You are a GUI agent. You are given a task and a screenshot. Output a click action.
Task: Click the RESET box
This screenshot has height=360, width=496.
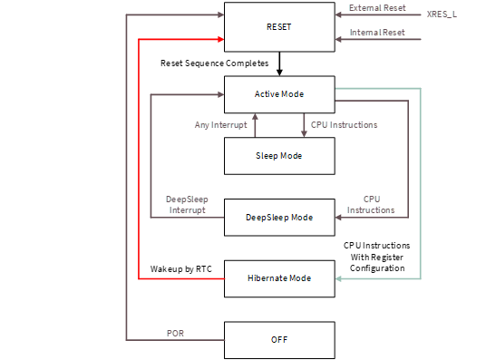coord(279,26)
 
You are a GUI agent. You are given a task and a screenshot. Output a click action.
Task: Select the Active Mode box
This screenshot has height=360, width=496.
coord(279,94)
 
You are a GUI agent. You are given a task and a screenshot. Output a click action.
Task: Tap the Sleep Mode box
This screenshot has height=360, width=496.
coord(279,156)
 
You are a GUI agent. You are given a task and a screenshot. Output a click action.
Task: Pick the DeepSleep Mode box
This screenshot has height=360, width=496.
coord(279,218)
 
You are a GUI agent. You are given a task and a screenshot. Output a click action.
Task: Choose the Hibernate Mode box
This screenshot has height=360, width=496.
coord(279,278)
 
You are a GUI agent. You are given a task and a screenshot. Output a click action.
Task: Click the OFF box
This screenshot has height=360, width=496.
coord(279,340)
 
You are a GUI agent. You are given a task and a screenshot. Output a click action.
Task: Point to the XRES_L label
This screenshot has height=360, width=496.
coord(443,15)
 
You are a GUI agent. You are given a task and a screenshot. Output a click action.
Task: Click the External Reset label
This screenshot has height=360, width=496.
coord(375,9)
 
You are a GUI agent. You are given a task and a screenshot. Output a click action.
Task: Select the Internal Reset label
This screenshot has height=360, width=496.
coord(375,34)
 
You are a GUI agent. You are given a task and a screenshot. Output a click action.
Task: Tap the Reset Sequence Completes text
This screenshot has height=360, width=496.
coord(214,63)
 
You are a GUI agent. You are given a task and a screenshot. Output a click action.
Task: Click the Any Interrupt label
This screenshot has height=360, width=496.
coord(220,125)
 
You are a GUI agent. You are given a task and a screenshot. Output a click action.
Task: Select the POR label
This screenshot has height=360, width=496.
coord(176,333)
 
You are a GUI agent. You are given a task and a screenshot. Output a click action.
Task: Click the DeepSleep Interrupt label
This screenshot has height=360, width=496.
coord(185,205)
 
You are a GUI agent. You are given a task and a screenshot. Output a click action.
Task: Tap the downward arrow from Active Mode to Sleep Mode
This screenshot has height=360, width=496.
coord(303,126)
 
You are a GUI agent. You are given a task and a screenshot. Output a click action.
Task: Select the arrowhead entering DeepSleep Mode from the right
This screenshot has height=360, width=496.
coord(340,218)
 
